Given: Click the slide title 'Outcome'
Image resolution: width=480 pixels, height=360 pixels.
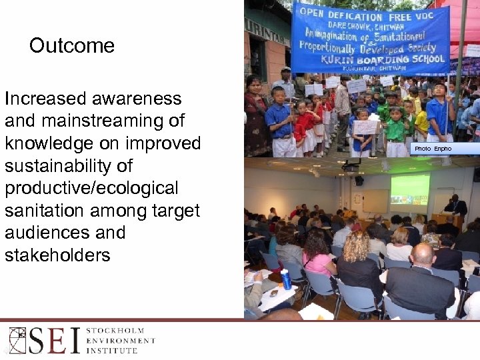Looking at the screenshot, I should click(x=72, y=46).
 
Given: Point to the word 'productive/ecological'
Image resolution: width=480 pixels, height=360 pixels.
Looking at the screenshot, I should click(x=91, y=189).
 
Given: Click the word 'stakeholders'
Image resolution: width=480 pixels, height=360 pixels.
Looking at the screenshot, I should click(x=57, y=255).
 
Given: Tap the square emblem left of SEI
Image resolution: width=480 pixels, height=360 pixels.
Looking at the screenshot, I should click(x=17, y=341).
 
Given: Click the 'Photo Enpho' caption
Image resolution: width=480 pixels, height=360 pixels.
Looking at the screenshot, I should click(x=433, y=149).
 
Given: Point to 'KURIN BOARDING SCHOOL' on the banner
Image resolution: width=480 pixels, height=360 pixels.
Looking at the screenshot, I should click(x=391, y=59).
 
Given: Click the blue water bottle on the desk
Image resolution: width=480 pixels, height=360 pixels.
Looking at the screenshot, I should click(x=286, y=279).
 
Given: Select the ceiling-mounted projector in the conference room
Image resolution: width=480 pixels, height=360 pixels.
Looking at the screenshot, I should click(x=351, y=167).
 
